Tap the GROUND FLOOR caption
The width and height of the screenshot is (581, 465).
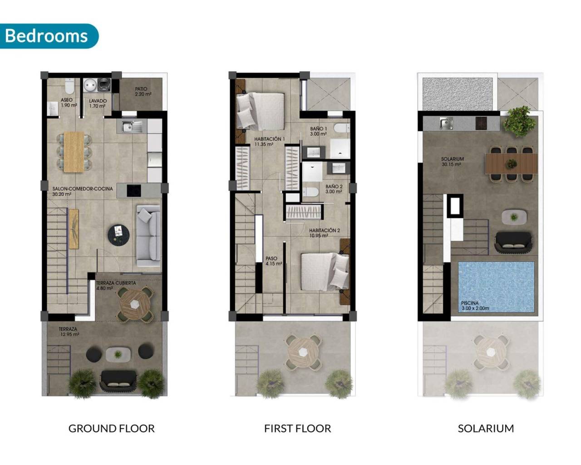[x=111, y=428]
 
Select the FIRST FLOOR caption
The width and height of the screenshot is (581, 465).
[x=297, y=428]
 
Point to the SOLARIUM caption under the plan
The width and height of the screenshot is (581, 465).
[x=486, y=428]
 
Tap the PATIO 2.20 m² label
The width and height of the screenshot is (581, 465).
[x=143, y=92]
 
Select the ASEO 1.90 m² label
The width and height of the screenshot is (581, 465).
[x=68, y=103]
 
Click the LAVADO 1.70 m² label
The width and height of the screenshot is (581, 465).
[x=98, y=103]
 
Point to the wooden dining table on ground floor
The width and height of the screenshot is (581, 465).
[x=74, y=152]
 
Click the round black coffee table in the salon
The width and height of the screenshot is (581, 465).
[x=118, y=234]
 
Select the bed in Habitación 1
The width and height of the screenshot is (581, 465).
[x=260, y=111]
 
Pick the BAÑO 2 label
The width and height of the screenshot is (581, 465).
[x=334, y=189]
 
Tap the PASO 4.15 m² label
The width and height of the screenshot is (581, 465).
[x=274, y=261]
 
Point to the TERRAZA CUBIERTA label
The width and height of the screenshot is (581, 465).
[x=116, y=285]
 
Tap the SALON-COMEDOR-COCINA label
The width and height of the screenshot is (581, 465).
[x=83, y=191]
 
